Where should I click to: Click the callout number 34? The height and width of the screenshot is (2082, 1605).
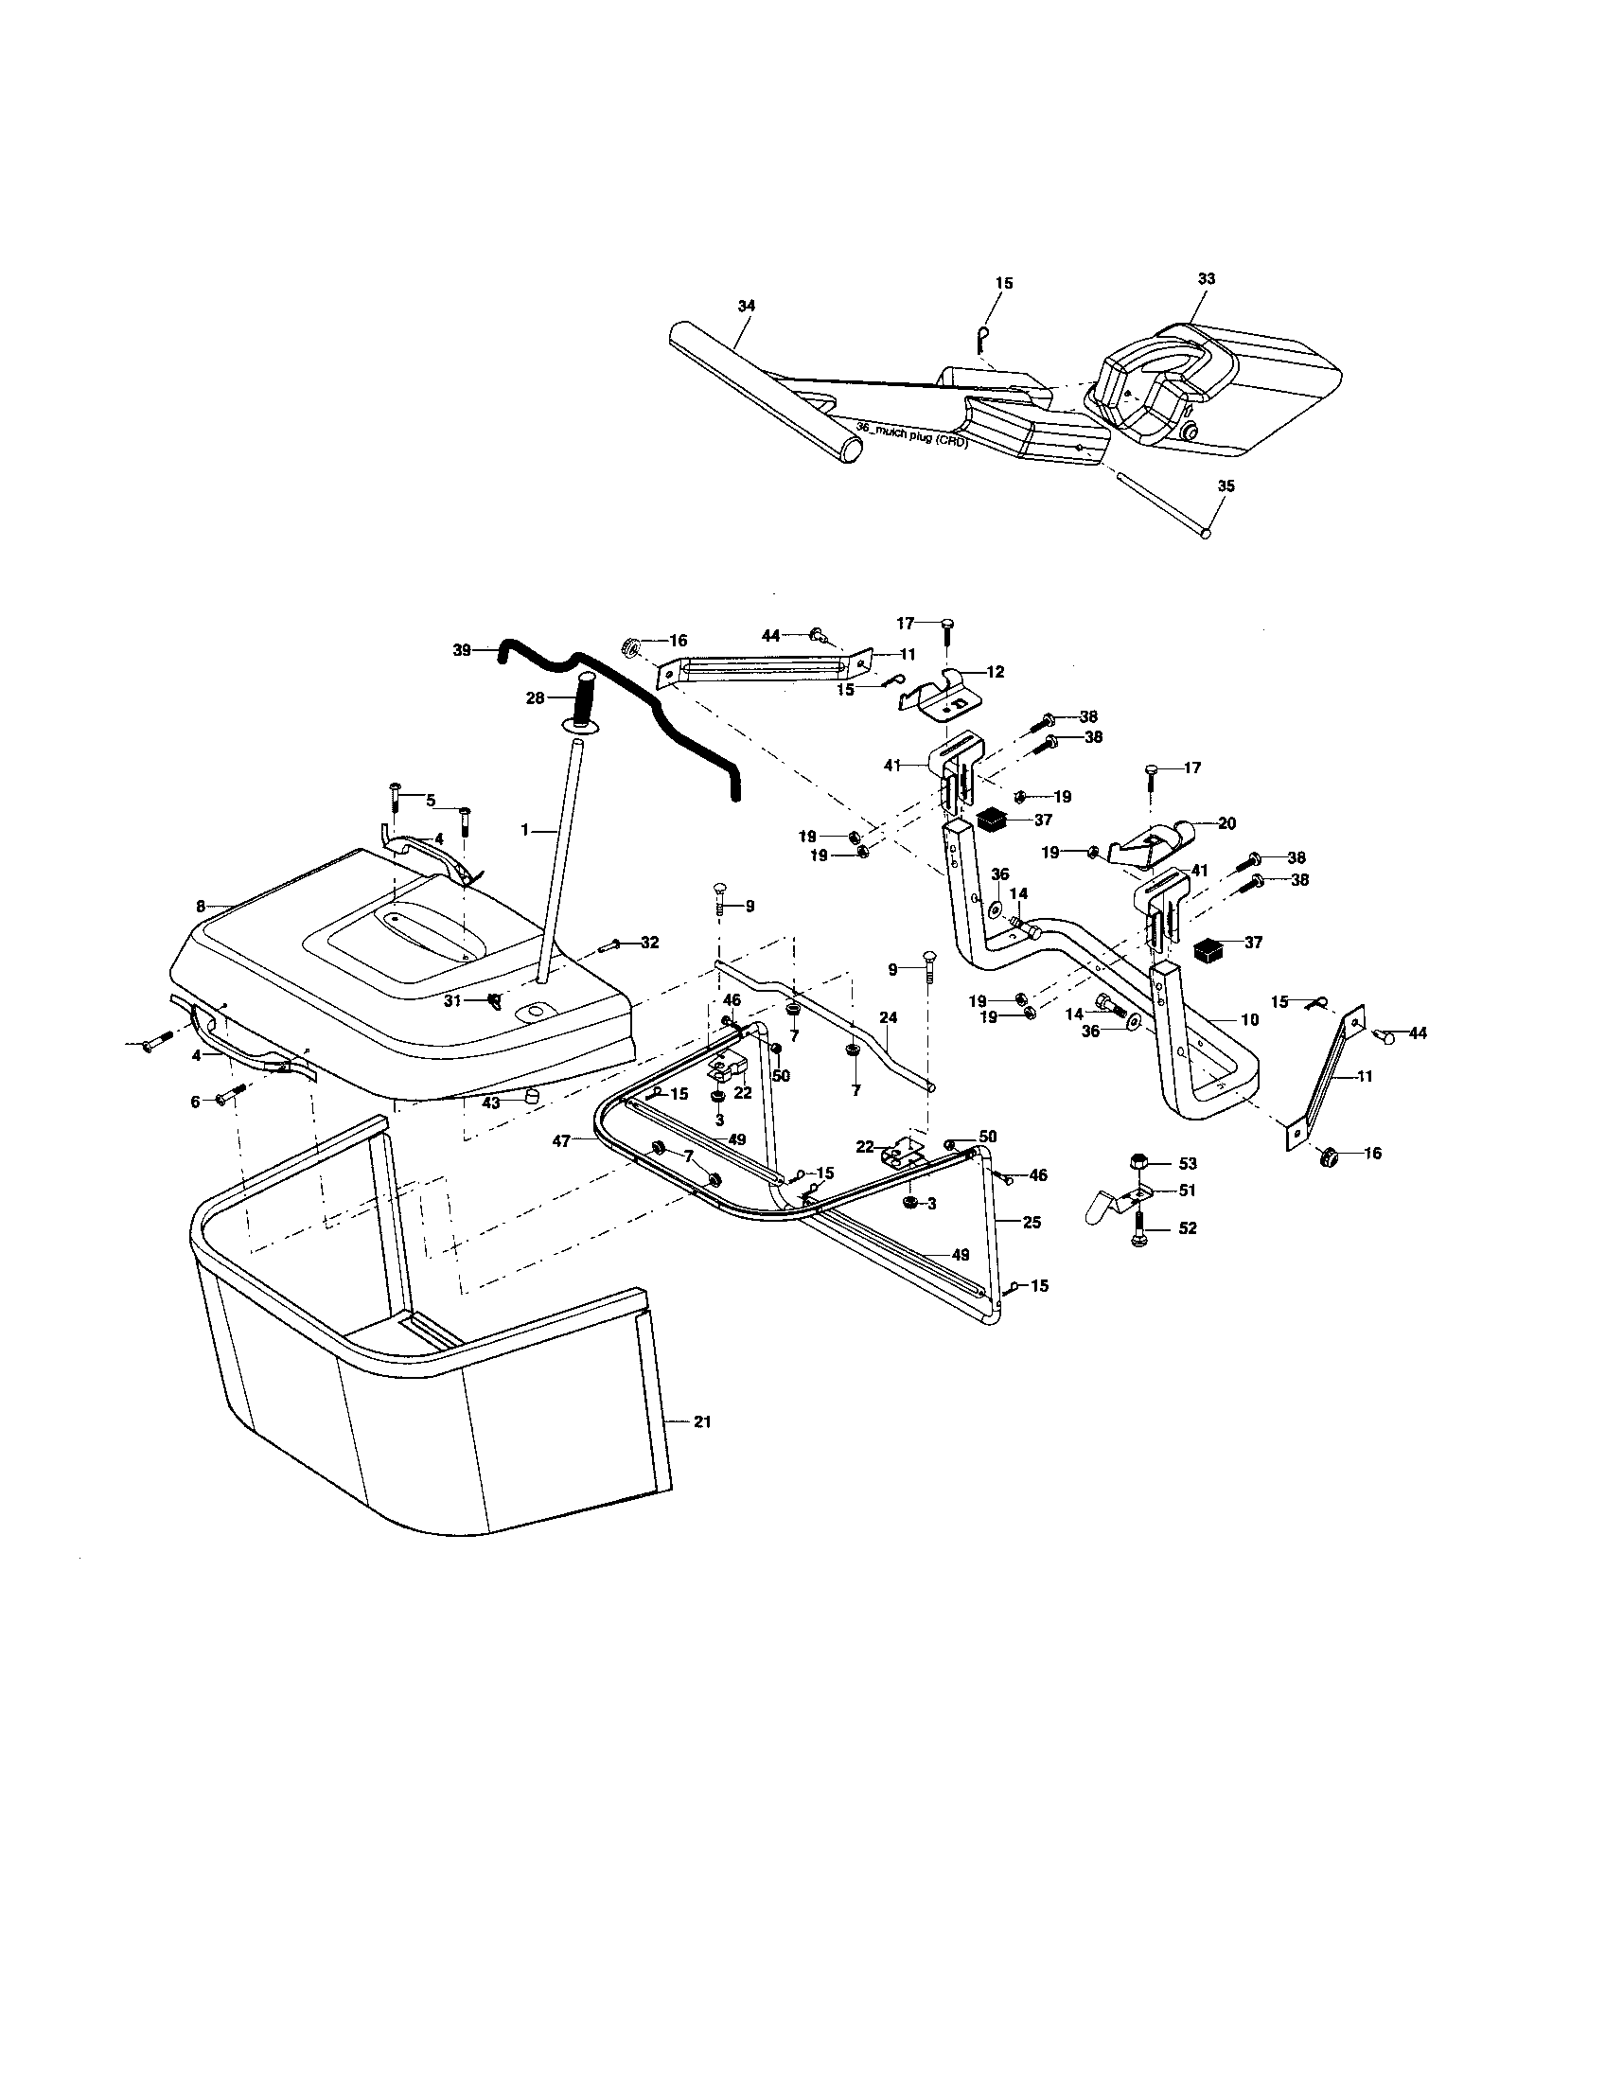tap(747, 306)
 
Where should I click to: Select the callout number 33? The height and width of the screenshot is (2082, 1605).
tap(1207, 279)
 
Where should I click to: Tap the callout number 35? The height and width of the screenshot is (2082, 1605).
tap(1226, 486)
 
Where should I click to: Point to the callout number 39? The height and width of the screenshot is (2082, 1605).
tap(462, 650)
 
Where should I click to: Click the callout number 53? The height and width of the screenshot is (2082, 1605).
tap(1188, 1164)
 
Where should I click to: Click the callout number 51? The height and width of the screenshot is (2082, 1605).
tap(1188, 1191)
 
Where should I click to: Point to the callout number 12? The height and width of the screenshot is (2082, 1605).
tap(995, 672)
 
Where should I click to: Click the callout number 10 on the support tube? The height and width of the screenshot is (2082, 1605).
tap(1249, 1020)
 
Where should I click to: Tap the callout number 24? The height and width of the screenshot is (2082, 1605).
tap(888, 1018)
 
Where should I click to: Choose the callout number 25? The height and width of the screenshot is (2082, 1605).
tap(1032, 1222)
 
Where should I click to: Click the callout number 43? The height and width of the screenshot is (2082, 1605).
tap(492, 1103)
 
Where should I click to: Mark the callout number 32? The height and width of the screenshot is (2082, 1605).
tap(649, 943)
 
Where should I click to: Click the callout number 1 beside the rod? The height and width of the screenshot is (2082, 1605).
tap(524, 830)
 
